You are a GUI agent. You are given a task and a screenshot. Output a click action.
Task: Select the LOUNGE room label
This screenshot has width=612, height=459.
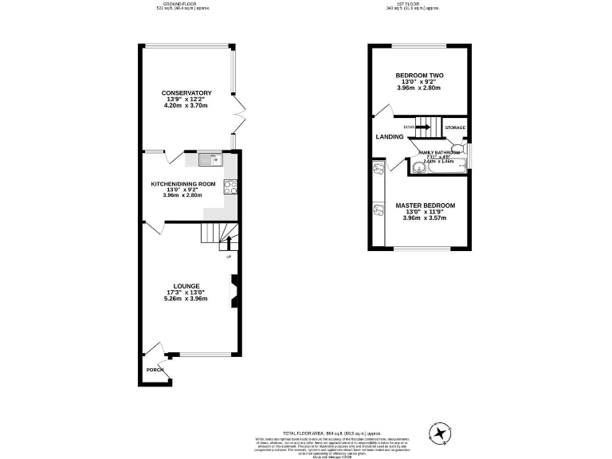185,285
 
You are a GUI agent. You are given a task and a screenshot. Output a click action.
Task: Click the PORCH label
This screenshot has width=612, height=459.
155,371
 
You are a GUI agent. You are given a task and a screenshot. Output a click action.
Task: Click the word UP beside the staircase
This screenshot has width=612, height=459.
229,257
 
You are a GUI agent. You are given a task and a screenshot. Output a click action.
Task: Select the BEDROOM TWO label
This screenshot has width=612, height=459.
420,76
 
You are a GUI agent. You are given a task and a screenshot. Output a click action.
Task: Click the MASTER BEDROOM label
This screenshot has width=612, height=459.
425,206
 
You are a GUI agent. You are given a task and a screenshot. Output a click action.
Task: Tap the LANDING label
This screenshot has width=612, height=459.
390,137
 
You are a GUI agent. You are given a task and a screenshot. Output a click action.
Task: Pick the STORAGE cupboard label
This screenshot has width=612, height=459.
455,127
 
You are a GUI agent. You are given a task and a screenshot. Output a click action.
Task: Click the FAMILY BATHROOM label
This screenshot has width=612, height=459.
435,152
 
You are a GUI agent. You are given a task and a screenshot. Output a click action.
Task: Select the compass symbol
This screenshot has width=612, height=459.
439,433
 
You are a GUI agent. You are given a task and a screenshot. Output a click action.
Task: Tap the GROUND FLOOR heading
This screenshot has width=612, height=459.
185,3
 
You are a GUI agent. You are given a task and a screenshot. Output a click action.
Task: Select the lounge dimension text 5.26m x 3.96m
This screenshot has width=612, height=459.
185,299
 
